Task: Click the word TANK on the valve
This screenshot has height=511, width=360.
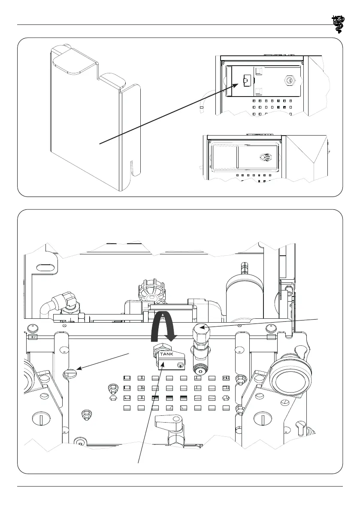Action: (168, 355)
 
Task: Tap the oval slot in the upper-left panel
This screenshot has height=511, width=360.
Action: (46, 267)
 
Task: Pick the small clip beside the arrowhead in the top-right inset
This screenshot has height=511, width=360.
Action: (247, 80)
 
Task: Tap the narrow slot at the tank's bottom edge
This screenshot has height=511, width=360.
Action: (133, 167)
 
